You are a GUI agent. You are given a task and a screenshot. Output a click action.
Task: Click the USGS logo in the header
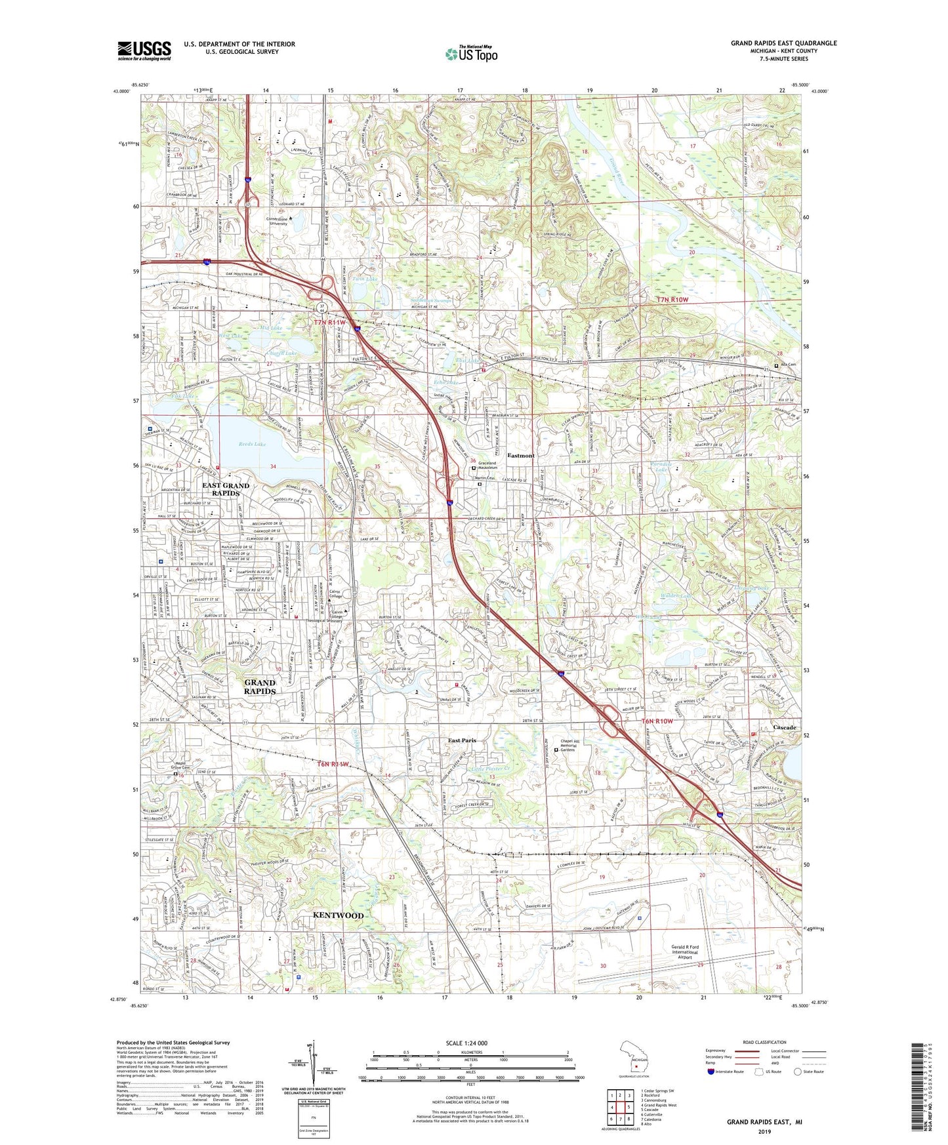(x=144, y=50)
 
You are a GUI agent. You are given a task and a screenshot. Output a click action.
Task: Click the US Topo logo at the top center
(x=471, y=54)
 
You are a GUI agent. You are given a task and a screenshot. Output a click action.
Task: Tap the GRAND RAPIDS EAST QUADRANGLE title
(x=783, y=43)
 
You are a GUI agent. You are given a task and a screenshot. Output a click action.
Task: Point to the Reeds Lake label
(x=252, y=444)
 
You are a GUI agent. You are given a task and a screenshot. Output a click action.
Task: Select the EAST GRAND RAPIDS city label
(x=226, y=489)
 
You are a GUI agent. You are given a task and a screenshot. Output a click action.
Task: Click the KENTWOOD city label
(x=337, y=915)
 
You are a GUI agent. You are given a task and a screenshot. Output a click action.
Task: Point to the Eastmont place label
(x=521, y=455)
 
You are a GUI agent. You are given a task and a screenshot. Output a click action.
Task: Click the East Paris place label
(x=462, y=740)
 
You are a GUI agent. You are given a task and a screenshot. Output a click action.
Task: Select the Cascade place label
(x=784, y=727)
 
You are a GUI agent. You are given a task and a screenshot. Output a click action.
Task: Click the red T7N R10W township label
(x=672, y=300)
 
